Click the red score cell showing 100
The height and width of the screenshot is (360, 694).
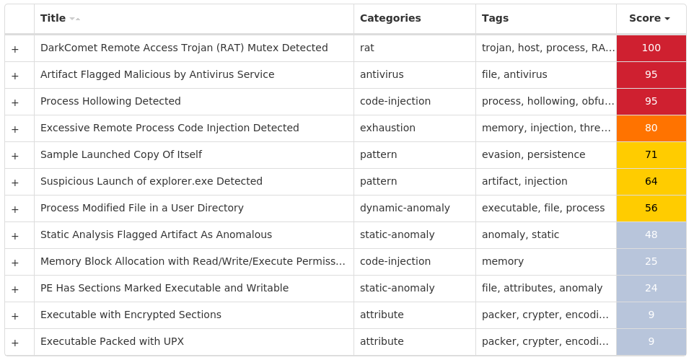click(x=651, y=48)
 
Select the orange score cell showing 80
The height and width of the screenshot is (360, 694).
click(x=651, y=128)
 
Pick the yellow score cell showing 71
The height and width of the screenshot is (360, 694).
click(x=651, y=154)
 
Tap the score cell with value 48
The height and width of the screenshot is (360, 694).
click(x=651, y=234)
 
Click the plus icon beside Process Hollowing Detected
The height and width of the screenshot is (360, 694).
click(x=15, y=102)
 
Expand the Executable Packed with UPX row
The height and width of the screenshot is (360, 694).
click(x=15, y=343)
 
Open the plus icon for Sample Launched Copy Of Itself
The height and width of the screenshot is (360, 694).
click(x=15, y=156)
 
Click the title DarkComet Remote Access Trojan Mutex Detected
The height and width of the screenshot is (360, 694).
click(x=184, y=48)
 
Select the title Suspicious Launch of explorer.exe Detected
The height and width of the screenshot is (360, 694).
click(x=151, y=181)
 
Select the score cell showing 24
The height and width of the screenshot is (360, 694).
click(x=651, y=289)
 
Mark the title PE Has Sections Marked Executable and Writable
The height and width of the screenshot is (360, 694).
click(x=164, y=289)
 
